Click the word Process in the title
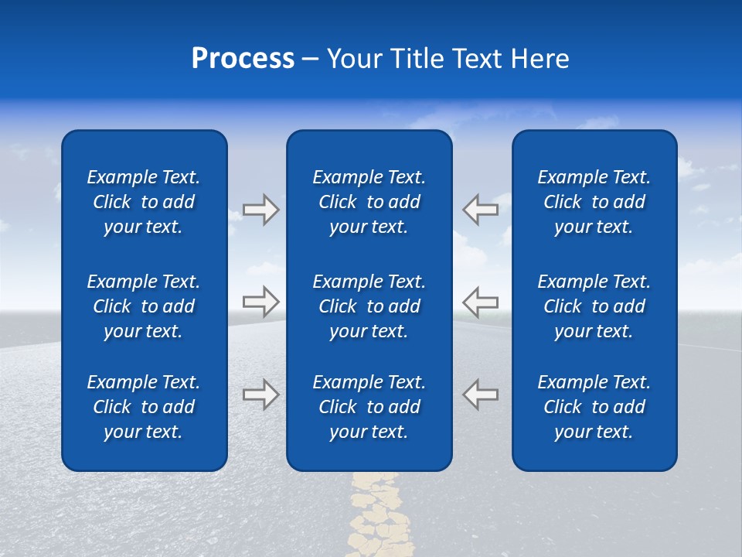point(243,59)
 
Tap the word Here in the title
point(540,59)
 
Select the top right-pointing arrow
point(260,210)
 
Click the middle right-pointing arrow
point(260,302)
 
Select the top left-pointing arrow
point(480,210)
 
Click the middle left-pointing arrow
point(480,302)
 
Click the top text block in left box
point(144,202)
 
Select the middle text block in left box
point(144,306)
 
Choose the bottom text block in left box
point(144,407)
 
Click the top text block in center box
point(369,202)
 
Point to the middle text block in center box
point(369,306)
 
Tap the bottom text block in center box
point(369,407)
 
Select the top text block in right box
point(594,202)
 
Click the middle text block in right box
point(594,306)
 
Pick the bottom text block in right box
point(594,407)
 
